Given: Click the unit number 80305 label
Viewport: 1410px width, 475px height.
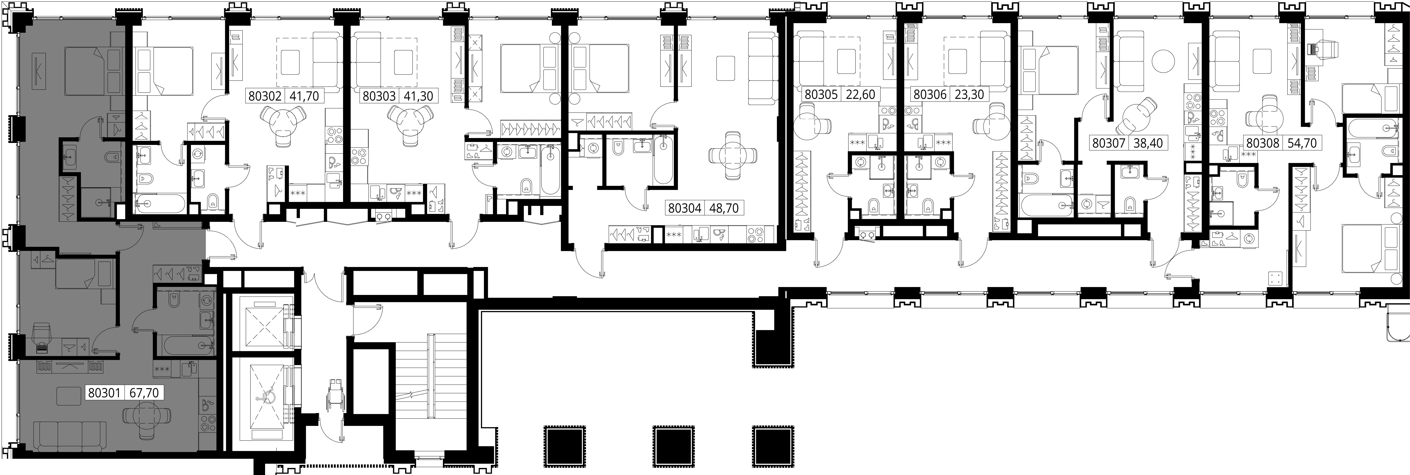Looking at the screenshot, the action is tap(821, 94).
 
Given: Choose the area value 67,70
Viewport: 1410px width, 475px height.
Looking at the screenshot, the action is tap(145, 393).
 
